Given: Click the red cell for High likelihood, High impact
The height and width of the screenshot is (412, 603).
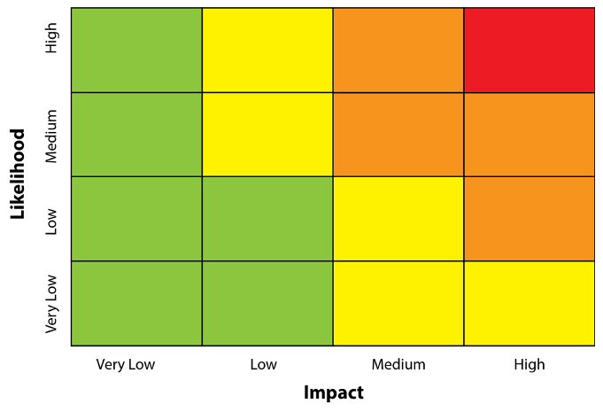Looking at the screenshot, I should tap(529, 50).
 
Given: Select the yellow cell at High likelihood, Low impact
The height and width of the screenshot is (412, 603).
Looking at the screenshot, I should tap(267, 50).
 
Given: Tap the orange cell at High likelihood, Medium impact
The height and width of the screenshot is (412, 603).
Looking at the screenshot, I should tap(398, 50).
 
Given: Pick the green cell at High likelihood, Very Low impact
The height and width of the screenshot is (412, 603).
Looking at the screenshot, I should tap(136, 50).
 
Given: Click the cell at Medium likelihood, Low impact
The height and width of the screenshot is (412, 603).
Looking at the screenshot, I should tap(267, 134).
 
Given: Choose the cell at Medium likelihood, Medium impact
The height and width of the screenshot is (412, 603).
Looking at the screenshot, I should tap(398, 134).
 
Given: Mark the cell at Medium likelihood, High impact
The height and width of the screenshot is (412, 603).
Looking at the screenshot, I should tap(529, 134).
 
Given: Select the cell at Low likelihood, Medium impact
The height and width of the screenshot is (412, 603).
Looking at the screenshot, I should tap(398, 219).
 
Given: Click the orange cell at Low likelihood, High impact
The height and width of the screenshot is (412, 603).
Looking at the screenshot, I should tap(529, 219).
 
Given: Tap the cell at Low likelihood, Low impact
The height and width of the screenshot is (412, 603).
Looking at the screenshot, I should tap(267, 219).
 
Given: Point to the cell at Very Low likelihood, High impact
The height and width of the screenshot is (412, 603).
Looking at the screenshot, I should tap(529, 303).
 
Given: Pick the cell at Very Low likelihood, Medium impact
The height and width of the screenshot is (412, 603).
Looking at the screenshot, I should tap(398, 303).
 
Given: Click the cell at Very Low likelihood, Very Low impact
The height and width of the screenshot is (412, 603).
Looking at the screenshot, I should tap(136, 303).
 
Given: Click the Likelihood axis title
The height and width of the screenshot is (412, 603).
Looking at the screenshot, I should tap(17, 174).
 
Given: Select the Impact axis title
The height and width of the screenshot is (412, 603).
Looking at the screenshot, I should tap(333, 393).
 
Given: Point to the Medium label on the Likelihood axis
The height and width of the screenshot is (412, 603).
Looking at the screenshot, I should tap(51, 136).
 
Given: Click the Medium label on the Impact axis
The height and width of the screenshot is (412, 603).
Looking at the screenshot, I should tap(398, 364).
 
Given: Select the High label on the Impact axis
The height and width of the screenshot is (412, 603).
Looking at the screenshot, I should tap(530, 364).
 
